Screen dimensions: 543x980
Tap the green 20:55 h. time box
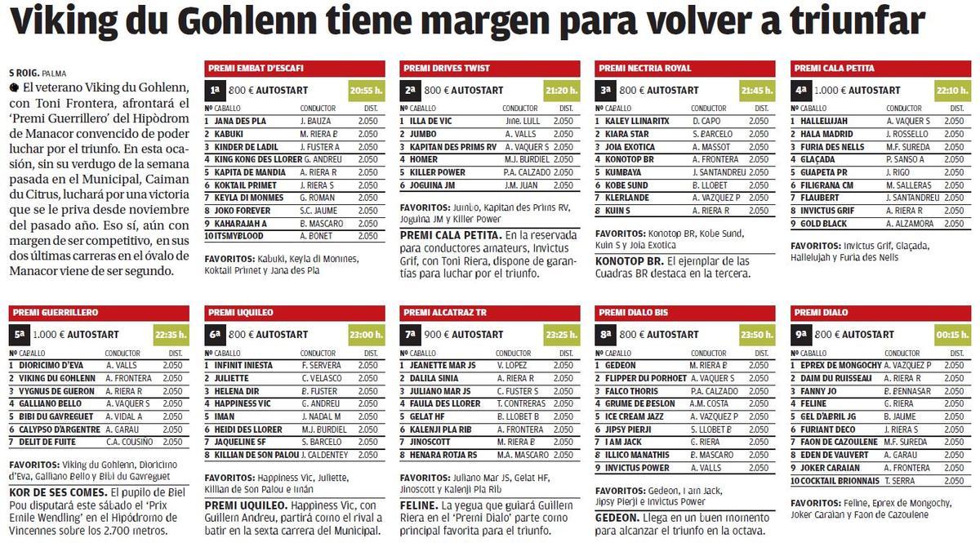(365, 90)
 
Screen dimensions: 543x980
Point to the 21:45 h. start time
(756, 90)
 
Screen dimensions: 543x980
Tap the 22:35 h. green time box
(170, 335)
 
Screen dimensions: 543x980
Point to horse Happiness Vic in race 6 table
(242, 403)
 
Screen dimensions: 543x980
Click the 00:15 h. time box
(951, 335)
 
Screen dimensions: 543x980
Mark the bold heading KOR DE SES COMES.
(57, 492)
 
